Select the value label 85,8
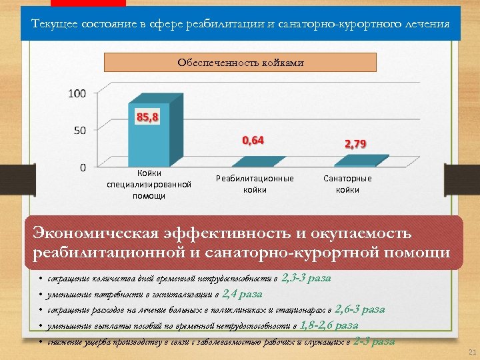(x=147, y=117)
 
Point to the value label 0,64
(x=253, y=140)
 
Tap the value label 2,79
(x=355, y=144)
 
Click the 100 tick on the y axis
(x=77, y=93)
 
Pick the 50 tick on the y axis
(x=80, y=130)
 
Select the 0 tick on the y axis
(x=83, y=166)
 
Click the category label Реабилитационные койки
(x=255, y=184)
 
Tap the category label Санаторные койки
(x=347, y=184)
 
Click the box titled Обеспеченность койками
(x=241, y=63)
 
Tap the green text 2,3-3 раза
(x=307, y=278)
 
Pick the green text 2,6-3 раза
(x=359, y=309)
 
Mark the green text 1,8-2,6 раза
(x=329, y=325)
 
